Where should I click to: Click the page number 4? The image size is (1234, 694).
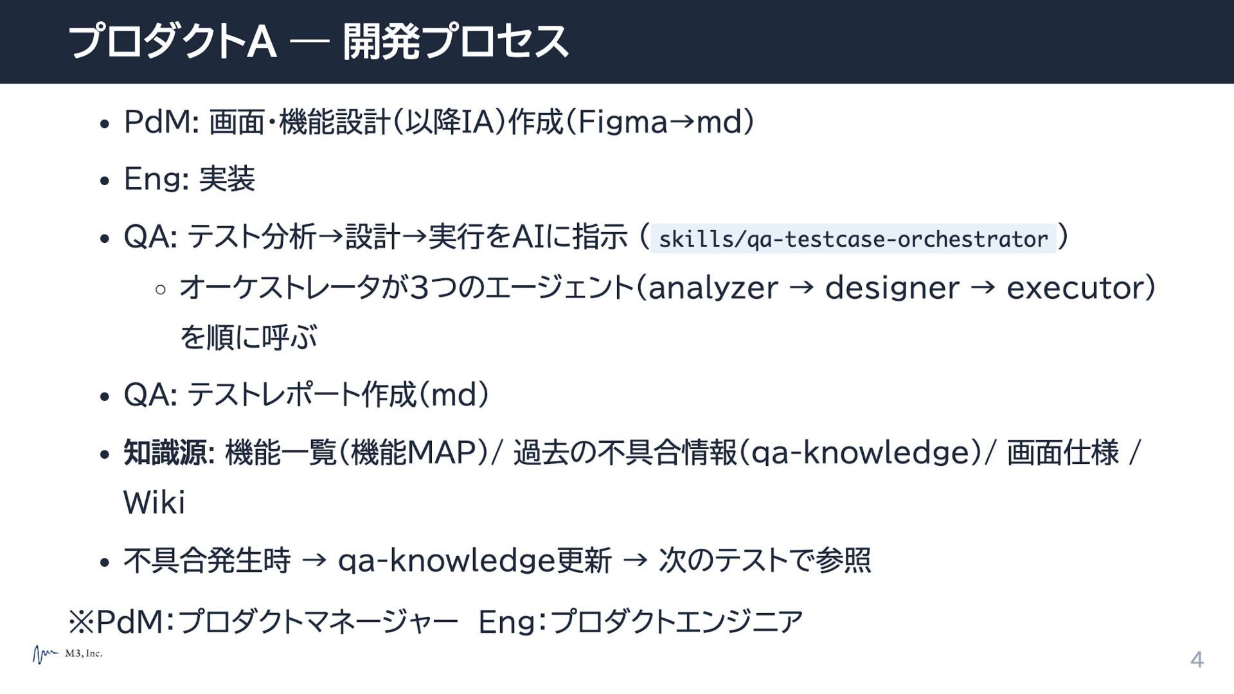tap(1197, 660)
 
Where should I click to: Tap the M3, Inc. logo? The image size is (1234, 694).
tap(67, 654)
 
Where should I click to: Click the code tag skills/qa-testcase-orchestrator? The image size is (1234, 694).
tap(854, 239)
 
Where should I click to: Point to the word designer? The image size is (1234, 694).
tap(892, 287)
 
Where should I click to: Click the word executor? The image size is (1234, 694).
tap(1075, 288)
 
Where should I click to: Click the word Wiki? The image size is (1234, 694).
tap(154, 502)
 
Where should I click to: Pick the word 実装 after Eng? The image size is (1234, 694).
tap(227, 179)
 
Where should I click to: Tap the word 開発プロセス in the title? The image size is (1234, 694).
tap(456, 42)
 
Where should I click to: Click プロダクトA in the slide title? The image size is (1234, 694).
tap(172, 42)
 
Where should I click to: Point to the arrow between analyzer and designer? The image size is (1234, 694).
tap(801, 289)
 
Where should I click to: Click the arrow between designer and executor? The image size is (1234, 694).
tap(983, 289)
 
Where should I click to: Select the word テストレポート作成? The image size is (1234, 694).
tap(301, 395)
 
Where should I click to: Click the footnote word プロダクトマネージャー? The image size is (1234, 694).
tap(317, 621)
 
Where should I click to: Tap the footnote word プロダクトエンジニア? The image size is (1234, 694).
tap(677, 621)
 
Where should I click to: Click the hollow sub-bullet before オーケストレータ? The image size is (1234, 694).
tap(161, 290)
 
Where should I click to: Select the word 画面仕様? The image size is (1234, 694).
tap(1063, 452)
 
